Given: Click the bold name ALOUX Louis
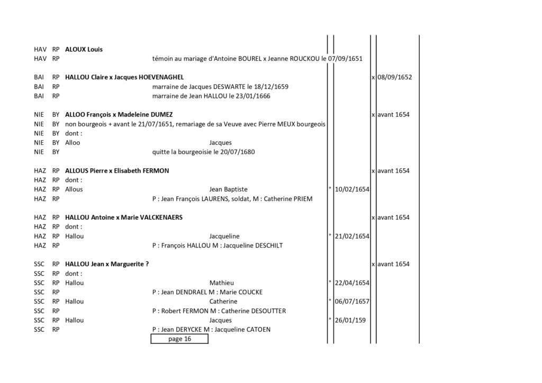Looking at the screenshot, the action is click(84, 49).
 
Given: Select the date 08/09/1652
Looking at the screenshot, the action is click(394, 77).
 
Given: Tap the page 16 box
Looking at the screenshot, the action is click(179, 339).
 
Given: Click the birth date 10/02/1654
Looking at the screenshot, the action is click(352, 189).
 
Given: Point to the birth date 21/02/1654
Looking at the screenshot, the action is click(352, 236).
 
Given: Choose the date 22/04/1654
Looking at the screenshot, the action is click(352, 283).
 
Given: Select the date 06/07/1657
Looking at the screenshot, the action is click(352, 302).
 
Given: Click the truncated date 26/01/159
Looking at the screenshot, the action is click(350, 320).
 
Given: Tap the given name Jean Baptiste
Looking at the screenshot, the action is click(228, 189).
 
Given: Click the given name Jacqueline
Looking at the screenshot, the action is click(224, 236).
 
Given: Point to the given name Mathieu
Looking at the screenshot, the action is click(222, 283).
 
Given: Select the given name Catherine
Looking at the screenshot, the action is click(223, 302).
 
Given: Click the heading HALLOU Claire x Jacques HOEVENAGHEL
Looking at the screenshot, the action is click(124, 77).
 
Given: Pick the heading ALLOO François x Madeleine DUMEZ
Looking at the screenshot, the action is click(119, 115).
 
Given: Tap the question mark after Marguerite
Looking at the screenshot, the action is click(147, 264).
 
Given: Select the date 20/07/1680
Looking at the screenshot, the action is click(238, 152).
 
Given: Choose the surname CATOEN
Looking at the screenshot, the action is click(258, 330).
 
